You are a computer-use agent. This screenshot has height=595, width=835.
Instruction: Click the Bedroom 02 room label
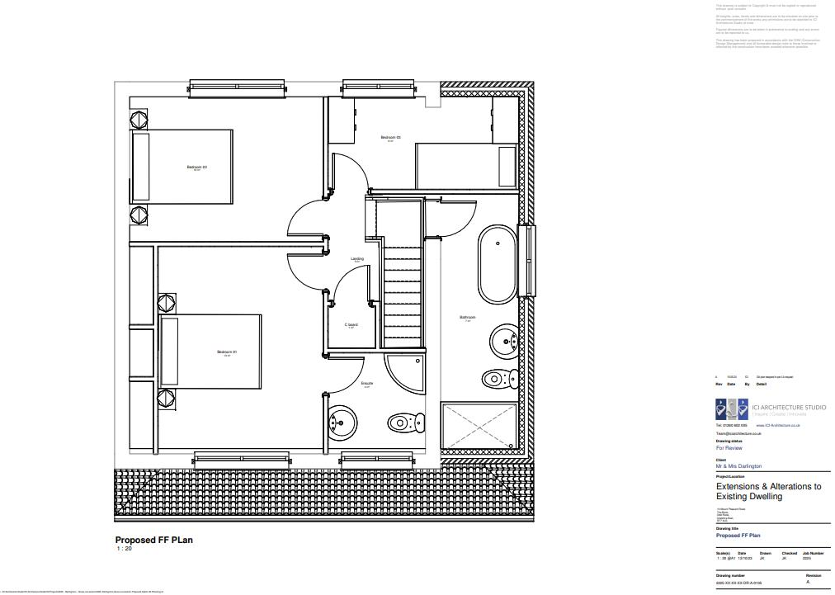[x=196, y=168]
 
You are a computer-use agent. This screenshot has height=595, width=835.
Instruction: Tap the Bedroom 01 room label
[x=227, y=353]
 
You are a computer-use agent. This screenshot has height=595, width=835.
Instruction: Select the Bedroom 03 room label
[x=390, y=138]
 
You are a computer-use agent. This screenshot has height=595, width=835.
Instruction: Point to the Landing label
[x=357, y=259]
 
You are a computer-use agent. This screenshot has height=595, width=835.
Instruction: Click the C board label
[x=351, y=325]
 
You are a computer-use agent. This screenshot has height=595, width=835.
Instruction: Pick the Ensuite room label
[x=367, y=384]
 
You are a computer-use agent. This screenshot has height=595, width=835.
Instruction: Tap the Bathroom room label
[x=468, y=318]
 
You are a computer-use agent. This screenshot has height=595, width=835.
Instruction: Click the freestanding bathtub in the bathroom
[x=497, y=267]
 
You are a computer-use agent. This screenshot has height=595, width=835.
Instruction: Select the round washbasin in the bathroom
[x=504, y=339]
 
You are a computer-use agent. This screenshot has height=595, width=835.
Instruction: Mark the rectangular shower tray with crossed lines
[x=480, y=427]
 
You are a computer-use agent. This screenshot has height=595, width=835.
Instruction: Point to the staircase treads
[x=402, y=289]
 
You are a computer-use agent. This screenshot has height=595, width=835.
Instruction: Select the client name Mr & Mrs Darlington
[x=738, y=466]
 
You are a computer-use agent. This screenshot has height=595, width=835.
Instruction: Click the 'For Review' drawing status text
[x=729, y=448]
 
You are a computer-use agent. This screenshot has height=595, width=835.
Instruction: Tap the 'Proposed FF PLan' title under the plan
[x=153, y=541]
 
